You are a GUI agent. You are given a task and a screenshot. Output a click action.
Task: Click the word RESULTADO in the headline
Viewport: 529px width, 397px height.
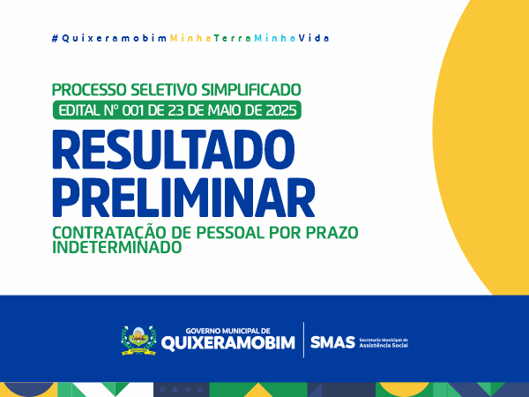pos(174,150)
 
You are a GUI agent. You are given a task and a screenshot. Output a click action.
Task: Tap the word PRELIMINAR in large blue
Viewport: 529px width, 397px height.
pos(183,198)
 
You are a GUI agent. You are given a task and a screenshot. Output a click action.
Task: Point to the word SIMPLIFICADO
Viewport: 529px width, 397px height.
pos(251,90)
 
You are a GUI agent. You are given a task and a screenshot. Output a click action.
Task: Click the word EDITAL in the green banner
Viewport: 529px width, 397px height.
pos(79,110)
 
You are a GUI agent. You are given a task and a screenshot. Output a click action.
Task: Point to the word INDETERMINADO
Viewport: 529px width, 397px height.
pos(117,247)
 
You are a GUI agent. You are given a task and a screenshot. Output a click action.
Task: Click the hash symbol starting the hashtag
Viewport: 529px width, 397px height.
pos(55,39)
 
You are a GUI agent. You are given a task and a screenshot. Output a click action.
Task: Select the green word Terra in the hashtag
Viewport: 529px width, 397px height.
pos(233,39)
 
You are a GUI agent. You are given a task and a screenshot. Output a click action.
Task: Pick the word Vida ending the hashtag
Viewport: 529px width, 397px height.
pos(314,39)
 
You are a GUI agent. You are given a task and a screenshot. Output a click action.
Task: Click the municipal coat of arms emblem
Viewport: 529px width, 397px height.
pos(138,341)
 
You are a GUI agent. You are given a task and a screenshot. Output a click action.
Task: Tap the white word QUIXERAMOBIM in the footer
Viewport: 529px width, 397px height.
pos(228,342)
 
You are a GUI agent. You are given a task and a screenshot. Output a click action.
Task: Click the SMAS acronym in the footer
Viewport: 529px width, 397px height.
pos(332,342)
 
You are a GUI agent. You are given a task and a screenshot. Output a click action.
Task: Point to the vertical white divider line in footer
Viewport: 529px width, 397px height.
pos(303,340)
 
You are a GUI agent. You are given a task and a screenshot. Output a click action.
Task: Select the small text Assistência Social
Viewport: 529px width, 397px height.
pos(384,346)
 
